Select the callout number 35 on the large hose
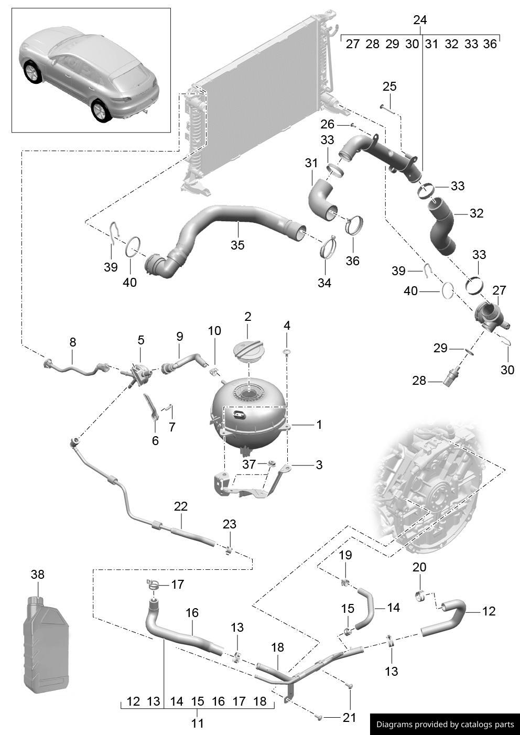click(237, 245)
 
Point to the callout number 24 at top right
click(420, 20)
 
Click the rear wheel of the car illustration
click(100, 111)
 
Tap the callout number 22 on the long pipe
click(181, 506)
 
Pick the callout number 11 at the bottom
click(197, 723)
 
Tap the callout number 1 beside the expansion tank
click(319, 424)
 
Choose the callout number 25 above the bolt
click(389, 86)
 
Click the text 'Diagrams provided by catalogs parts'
click(445, 724)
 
